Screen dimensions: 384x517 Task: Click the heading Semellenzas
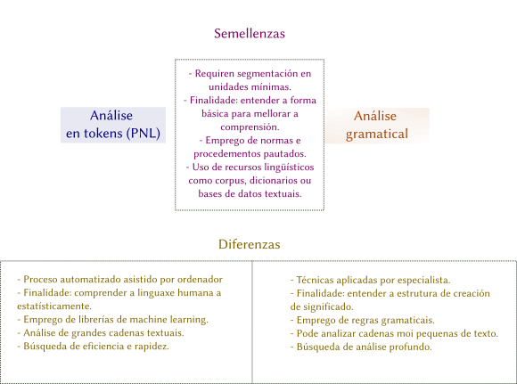[x=250, y=34]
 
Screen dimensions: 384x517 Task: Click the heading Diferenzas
[x=250, y=244]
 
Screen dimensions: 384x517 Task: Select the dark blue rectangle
[x=112, y=125]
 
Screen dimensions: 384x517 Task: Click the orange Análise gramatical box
[x=376, y=126]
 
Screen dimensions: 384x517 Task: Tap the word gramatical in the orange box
[x=376, y=134]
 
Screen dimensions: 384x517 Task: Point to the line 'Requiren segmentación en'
[x=250, y=74]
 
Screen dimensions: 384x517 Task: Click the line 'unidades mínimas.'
[x=250, y=87]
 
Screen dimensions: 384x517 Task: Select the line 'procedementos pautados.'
[x=250, y=154]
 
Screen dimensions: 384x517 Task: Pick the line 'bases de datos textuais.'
[x=250, y=193]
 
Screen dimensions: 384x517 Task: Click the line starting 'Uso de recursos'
[x=250, y=167]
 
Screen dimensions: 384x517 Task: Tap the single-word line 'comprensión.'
[x=250, y=127]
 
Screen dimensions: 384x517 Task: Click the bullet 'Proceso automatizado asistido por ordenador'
[x=119, y=280]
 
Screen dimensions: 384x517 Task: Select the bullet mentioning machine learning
[x=112, y=320]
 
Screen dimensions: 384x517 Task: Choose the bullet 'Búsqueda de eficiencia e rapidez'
[x=93, y=347]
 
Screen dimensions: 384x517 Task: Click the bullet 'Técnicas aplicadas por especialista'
[x=370, y=280]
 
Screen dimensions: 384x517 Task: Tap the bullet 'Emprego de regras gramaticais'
[x=363, y=320]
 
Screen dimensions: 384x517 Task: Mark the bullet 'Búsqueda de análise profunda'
[x=361, y=347]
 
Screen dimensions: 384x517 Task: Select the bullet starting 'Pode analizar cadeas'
[x=394, y=333]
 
